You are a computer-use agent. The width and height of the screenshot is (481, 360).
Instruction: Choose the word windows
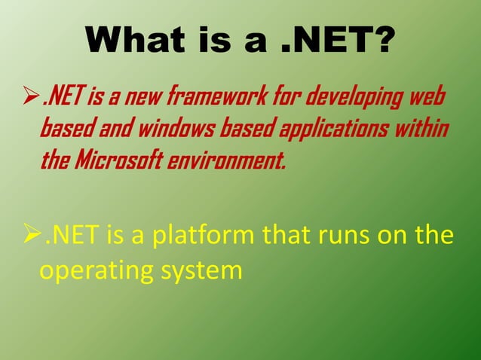[x=176, y=129]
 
